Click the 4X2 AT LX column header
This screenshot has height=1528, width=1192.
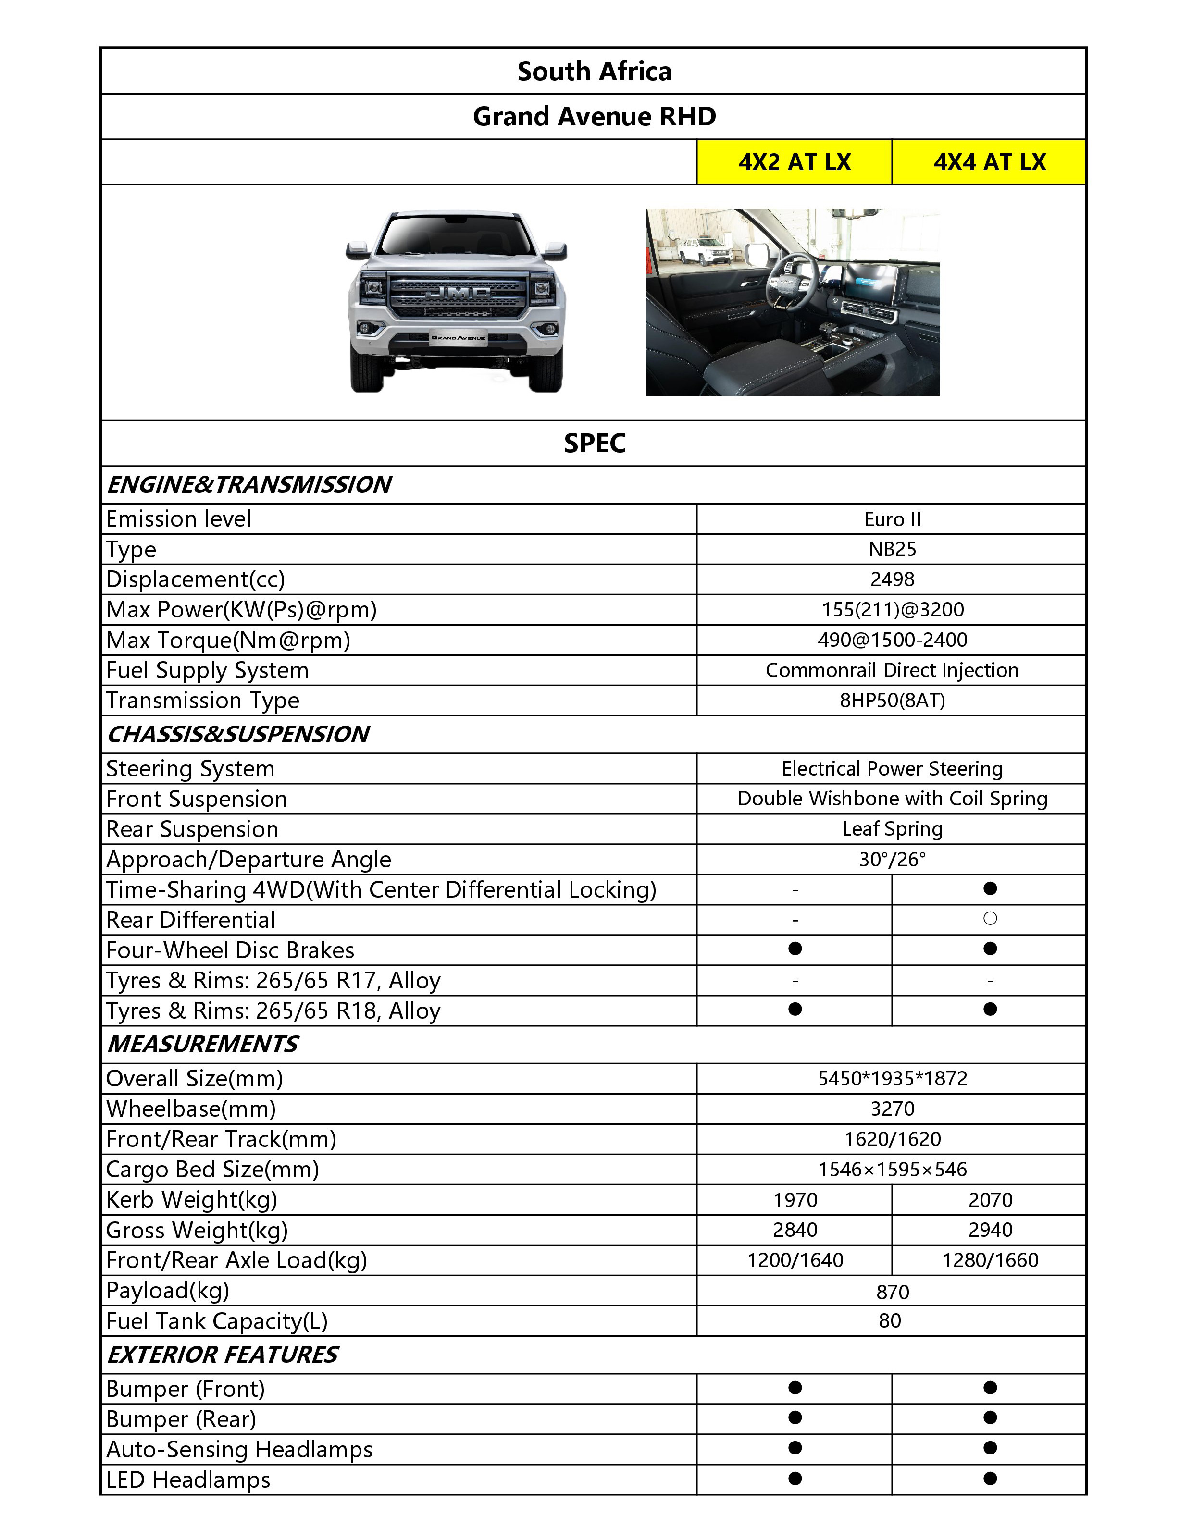[795, 162]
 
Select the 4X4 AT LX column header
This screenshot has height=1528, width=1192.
[989, 162]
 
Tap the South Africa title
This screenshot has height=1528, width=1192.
[594, 72]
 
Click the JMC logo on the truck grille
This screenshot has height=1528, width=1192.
[459, 291]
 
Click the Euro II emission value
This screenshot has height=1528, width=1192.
[893, 519]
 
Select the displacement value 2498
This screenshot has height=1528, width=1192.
[893, 579]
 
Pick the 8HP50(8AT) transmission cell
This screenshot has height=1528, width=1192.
[893, 701]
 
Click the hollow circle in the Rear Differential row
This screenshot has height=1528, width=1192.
[990, 919]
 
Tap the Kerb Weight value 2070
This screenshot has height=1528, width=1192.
[990, 1200]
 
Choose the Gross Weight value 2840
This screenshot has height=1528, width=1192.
[795, 1230]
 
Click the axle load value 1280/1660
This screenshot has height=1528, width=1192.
[990, 1260]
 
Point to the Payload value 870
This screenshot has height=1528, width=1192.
[893, 1292]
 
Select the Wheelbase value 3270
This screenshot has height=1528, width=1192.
[893, 1109]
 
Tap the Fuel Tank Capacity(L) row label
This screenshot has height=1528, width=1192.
[217, 1321]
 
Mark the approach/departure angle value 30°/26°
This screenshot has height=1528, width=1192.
[893, 859]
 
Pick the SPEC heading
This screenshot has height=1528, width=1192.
[594, 444]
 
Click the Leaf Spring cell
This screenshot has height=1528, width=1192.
[893, 829]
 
